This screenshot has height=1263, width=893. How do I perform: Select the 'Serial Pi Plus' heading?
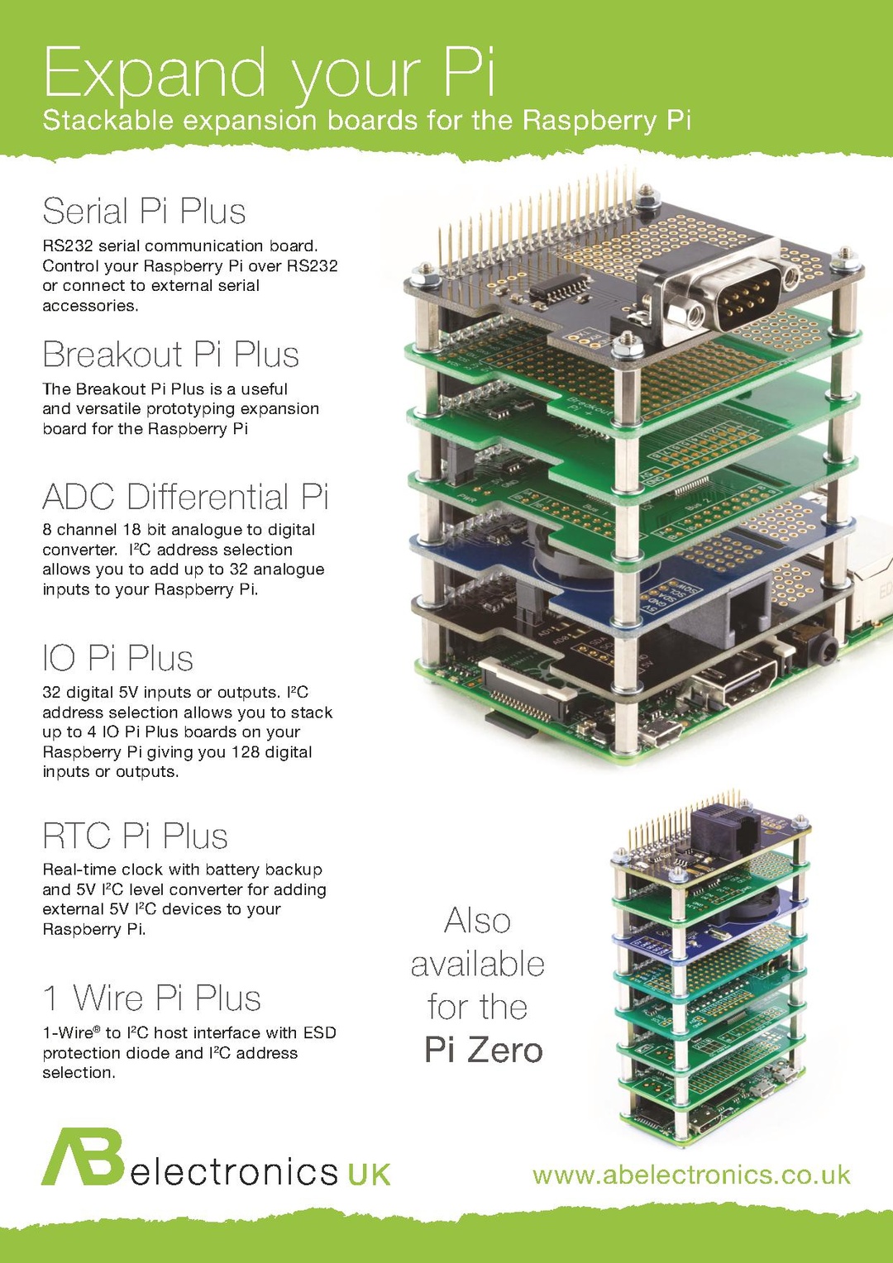pyautogui.click(x=144, y=211)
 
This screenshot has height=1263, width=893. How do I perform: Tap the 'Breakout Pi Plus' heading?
pyautogui.click(x=170, y=355)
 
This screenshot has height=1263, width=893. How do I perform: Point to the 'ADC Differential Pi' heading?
pyautogui.click(x=185, y=497)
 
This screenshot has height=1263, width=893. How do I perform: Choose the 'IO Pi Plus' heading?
pyautogui.click(x=117, y=659)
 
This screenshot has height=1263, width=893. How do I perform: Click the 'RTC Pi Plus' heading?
pyautogui.click(x=135, y=836)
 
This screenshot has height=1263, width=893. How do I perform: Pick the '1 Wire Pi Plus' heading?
pyautogui.click(x=152, y=998)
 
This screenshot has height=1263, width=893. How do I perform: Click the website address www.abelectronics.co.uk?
pyautogui.click(x=691, y=1175)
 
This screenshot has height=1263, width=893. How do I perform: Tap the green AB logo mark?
pyautogui.click(x=83, y=1157)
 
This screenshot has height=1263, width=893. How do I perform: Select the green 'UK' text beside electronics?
pyautogui.click(x=369, y=1175)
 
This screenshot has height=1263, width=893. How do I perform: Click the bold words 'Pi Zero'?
pyautogui.click(x=483, y=1050)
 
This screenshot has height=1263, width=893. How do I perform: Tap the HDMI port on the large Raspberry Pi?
pyautogui.click(x=732, y=682)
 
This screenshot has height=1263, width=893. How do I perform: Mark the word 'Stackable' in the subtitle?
pyautogui.click(x=107, y=121)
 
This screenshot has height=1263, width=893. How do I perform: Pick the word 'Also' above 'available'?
pyautogui.click(x=477, y=921)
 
